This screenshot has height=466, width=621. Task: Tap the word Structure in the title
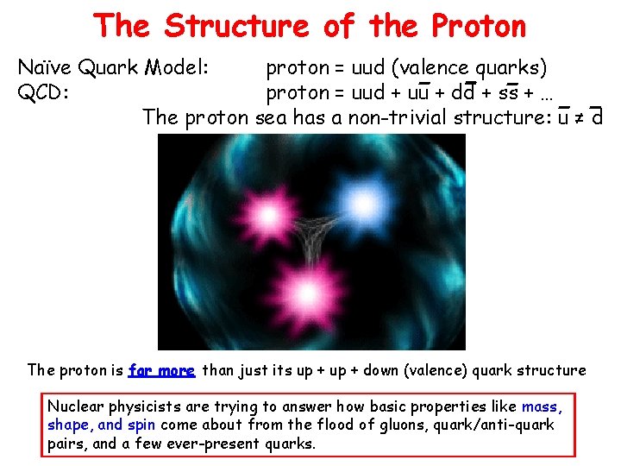[235, 26]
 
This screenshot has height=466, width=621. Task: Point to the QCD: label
[45, 91]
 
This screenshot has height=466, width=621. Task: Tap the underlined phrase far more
[162, 370]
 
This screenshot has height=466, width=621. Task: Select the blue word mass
[541, 406]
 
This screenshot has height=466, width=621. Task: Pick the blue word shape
[67, 425]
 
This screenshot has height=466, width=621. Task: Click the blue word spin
[141, 425]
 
